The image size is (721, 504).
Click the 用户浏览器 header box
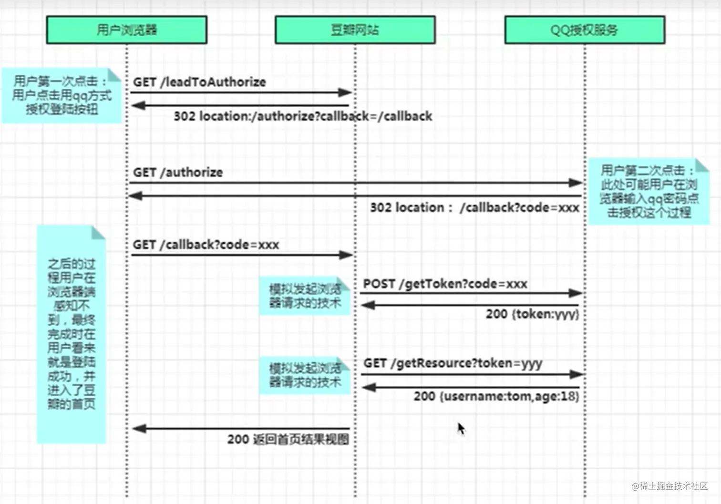(126, 30)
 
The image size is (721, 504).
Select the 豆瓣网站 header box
(355, 30)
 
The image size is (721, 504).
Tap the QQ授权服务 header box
(585, 30)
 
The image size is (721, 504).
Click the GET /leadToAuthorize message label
(199, 82)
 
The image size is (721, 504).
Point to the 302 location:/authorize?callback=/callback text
(303, 116)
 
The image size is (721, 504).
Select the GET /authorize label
(178, 173)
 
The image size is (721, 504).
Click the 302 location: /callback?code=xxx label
(474, 208)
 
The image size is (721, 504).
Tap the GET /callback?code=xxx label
(206, 245)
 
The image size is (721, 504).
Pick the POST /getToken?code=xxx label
(445, 284)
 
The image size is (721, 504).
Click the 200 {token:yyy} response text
(532, 314)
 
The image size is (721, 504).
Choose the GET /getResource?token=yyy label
(453, 363)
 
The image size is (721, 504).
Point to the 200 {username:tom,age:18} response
(496, 396)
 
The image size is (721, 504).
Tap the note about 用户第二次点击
(649, 191)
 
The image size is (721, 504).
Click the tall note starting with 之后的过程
(71, 334)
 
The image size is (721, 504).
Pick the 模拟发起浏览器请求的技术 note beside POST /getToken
(305, 296)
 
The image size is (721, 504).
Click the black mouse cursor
(461, 429)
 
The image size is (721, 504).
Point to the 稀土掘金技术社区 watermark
(669, 486)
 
